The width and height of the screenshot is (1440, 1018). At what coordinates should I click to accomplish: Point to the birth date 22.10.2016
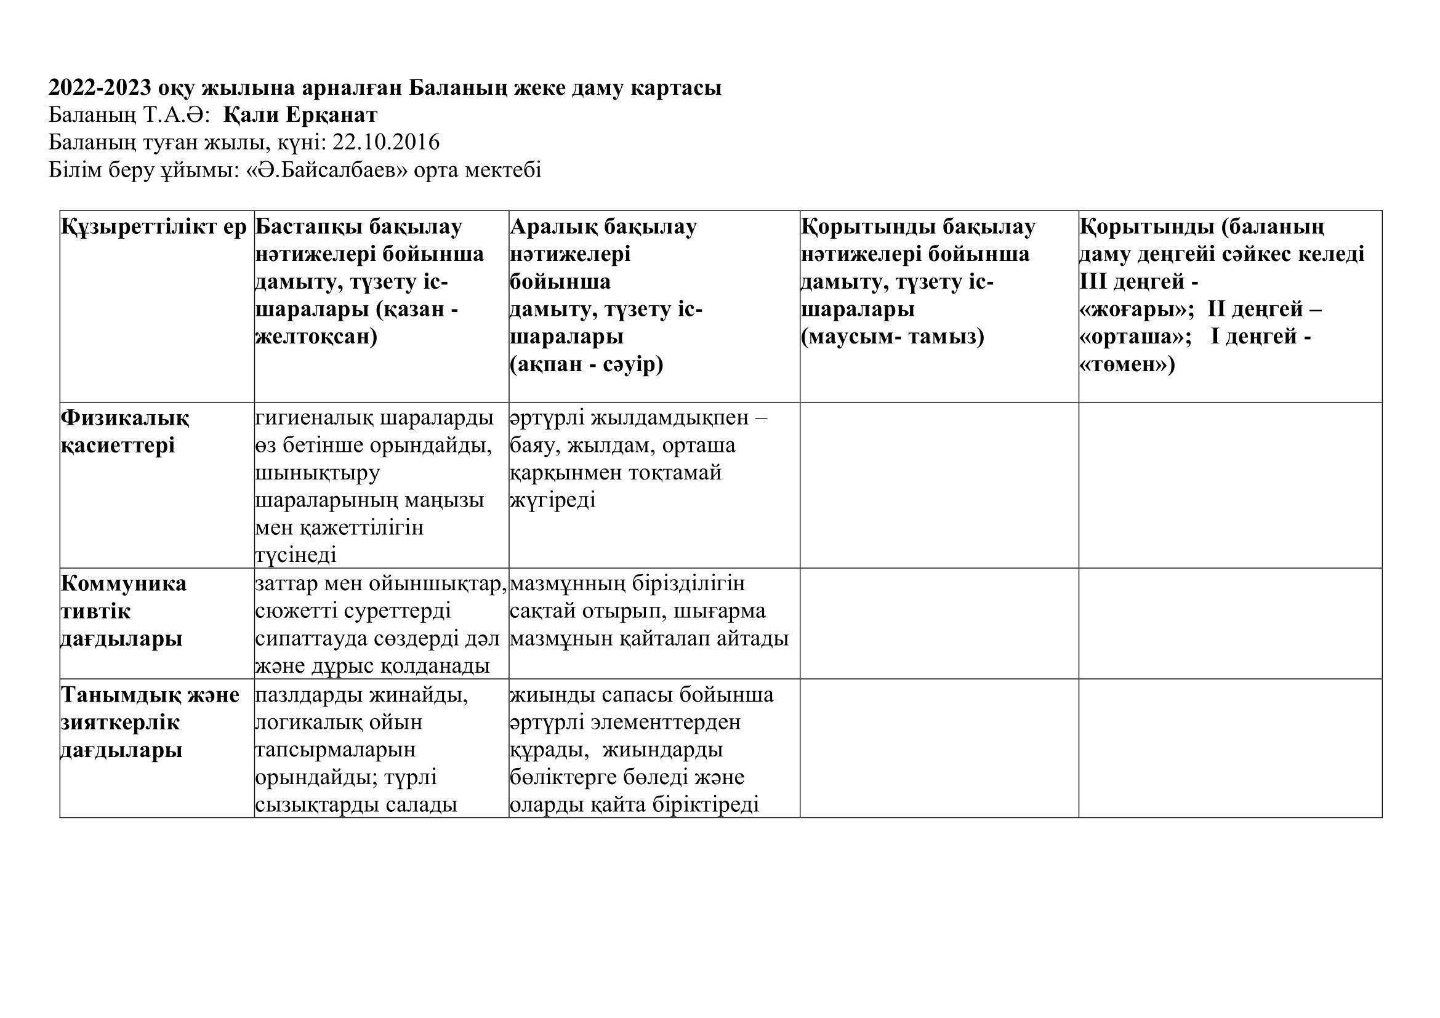[x=386, y=143]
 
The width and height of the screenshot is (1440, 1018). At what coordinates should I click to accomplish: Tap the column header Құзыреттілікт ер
[x=155, y=227]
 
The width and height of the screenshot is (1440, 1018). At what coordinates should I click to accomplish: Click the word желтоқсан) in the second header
[x=316, y=337]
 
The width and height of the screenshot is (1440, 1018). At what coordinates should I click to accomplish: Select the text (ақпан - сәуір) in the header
[x=587, y=365]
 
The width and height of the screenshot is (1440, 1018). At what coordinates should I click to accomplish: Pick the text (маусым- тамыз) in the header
[x=893, y=337]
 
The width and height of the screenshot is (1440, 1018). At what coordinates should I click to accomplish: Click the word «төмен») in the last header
[x=1127, y=365]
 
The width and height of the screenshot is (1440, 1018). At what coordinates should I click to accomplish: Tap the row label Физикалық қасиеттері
[x=125, y=432]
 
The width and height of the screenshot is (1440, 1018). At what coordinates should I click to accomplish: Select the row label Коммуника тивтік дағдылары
[x=124, y=611]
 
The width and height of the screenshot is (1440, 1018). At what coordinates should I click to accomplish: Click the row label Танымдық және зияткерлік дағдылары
[x=150, y=722]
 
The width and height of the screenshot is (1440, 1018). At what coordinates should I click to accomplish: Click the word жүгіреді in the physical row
[x=552, y=500]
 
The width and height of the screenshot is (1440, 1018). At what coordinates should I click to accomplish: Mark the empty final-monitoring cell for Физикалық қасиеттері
[x=939, y=485]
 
